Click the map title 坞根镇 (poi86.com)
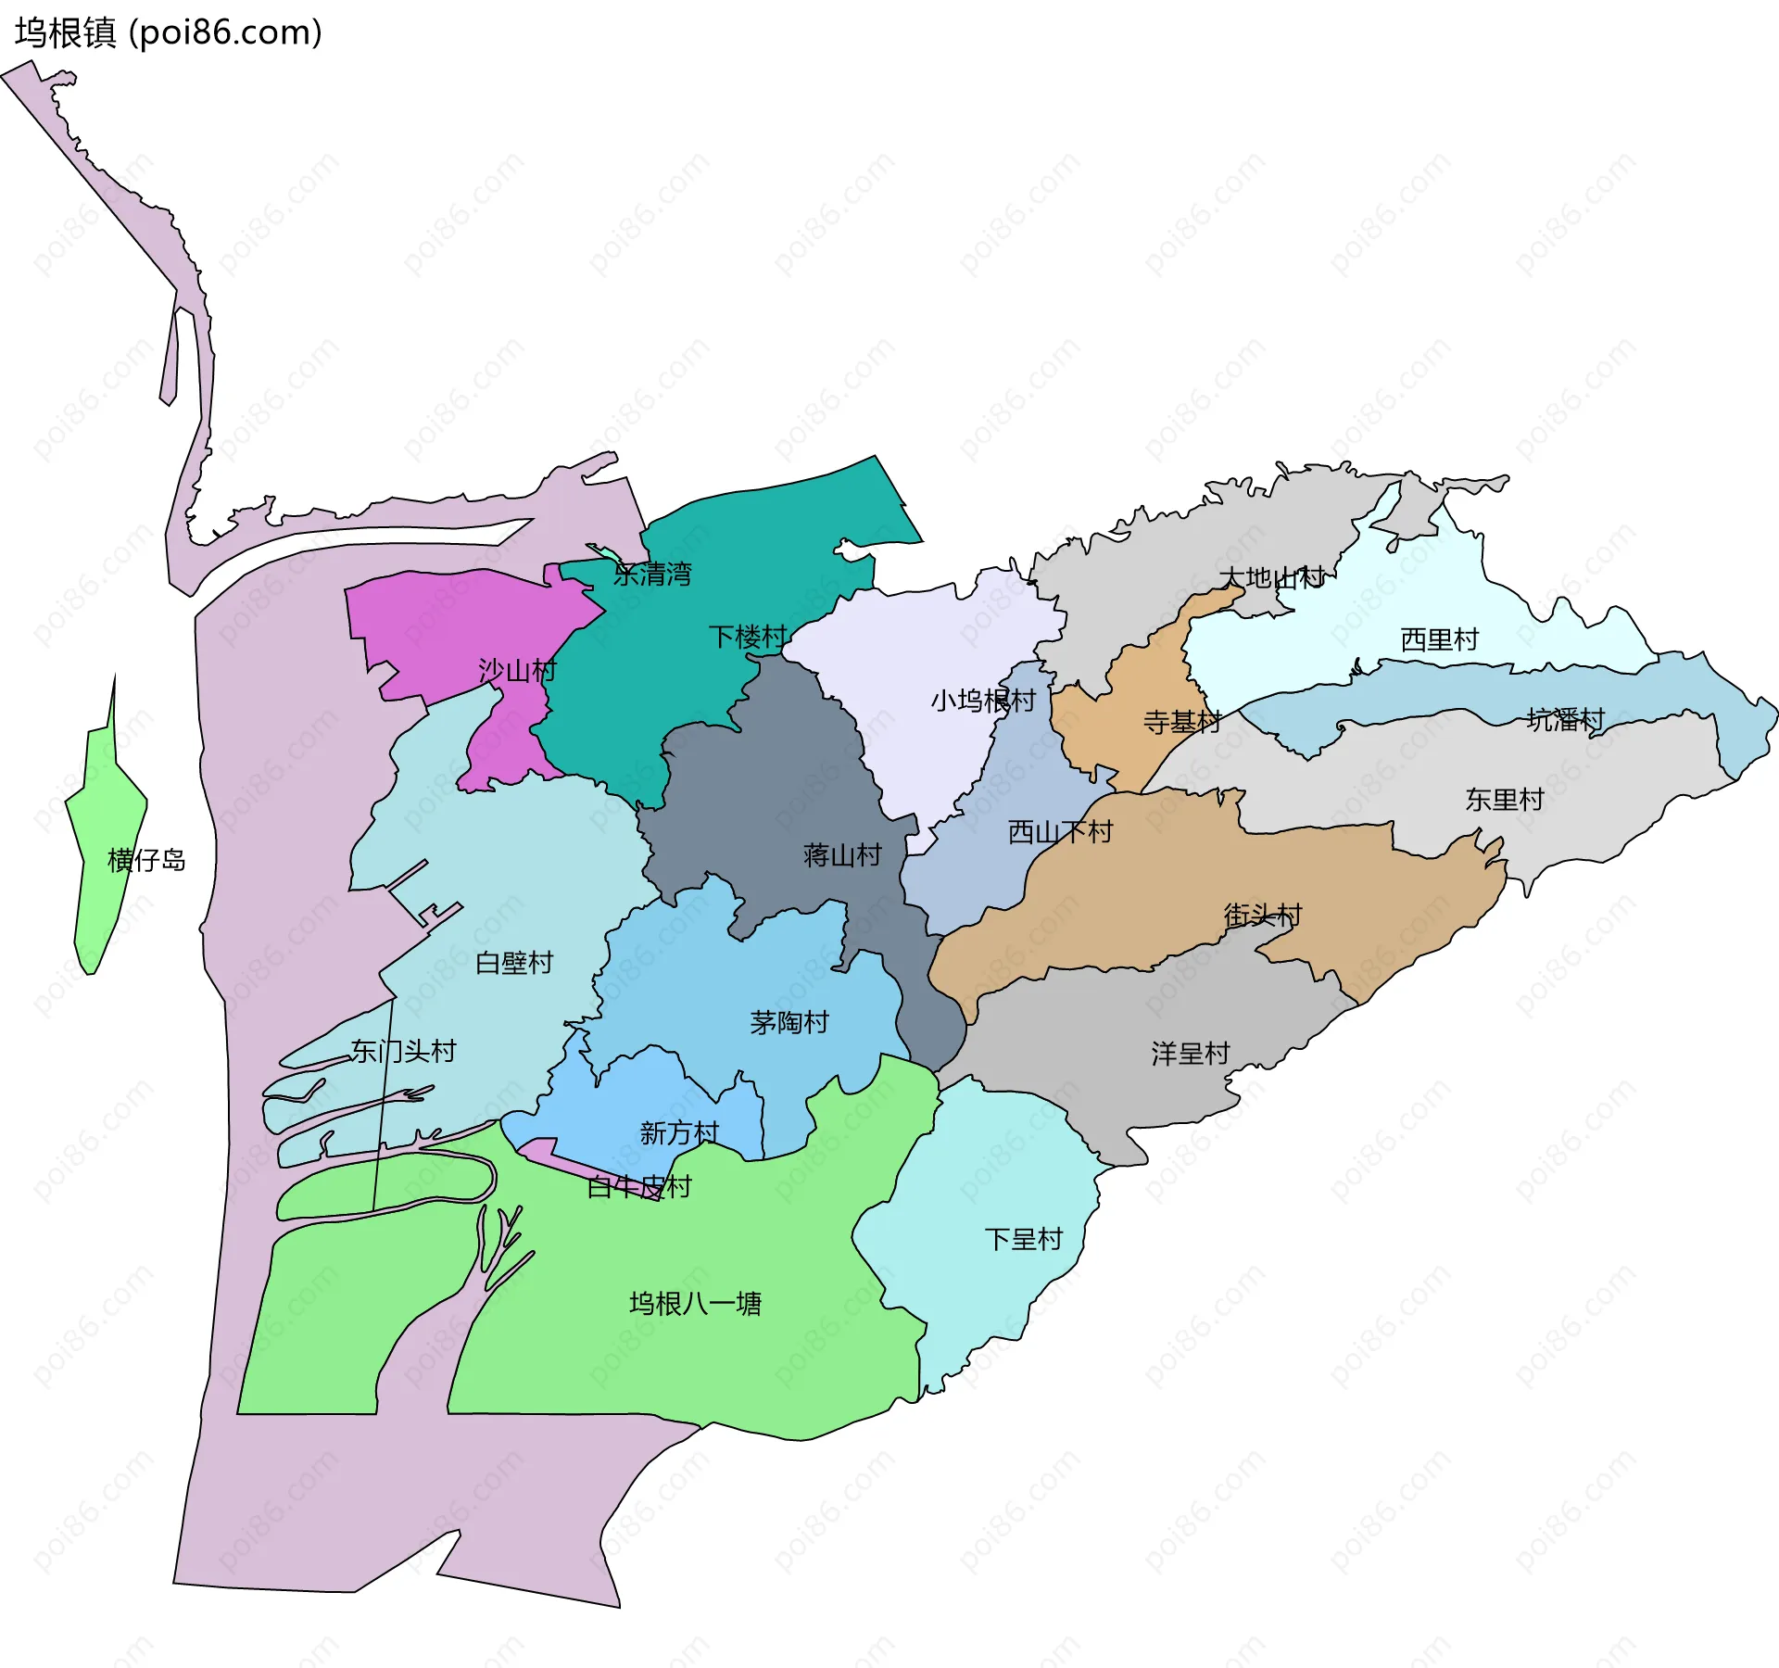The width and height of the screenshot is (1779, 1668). [169, 32]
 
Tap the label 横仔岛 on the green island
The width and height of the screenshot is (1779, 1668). [146, 860]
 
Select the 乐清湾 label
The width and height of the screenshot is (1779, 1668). [652, 575]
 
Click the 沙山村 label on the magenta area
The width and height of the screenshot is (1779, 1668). [517, 670]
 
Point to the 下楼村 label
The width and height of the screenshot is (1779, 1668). [748, 637]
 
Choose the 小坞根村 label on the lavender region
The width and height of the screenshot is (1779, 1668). [983, 701]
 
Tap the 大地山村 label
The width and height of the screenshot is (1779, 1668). [1271, 578]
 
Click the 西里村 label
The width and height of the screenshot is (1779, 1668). [1439, 639]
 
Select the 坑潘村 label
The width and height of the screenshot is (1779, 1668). [1566, 719]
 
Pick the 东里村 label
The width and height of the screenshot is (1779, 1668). [1504, 800]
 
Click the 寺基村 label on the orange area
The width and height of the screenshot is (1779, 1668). [1181, 722]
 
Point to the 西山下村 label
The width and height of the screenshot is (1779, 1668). [1060, 832]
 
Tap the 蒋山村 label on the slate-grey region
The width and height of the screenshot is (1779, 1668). [842, 854]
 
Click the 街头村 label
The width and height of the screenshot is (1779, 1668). [1263, 916]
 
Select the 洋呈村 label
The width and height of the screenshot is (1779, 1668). [1190, 1054]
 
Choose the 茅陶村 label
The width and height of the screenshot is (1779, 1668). [789, 1023]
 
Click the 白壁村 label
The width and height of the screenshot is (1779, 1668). [514, 963]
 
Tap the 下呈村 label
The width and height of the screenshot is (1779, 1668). [1023, 1239]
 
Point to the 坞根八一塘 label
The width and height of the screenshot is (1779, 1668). [695, 1304]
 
